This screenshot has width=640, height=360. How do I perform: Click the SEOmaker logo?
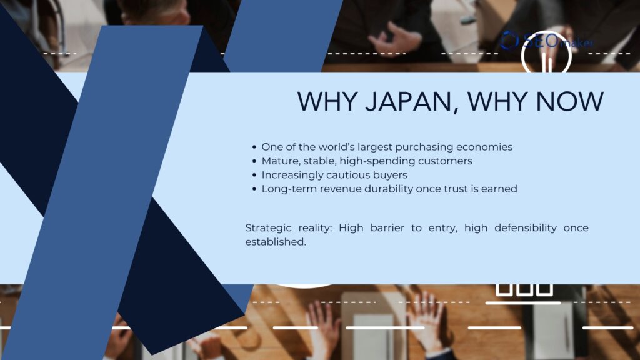pyautogui.click(x=547, y=42)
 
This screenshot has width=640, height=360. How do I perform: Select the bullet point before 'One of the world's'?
pyautogui.click(x=254, y=147)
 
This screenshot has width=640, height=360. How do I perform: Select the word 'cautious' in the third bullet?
pyautogui.click(x=347, y=175)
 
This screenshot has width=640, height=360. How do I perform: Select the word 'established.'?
pyautogui.click(x=275, y=242)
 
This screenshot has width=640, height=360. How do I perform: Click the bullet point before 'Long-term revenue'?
pyautogui.click(x=254, y=189)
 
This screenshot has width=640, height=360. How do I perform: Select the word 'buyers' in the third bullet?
pyautogui.click(x=389, y=175)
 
